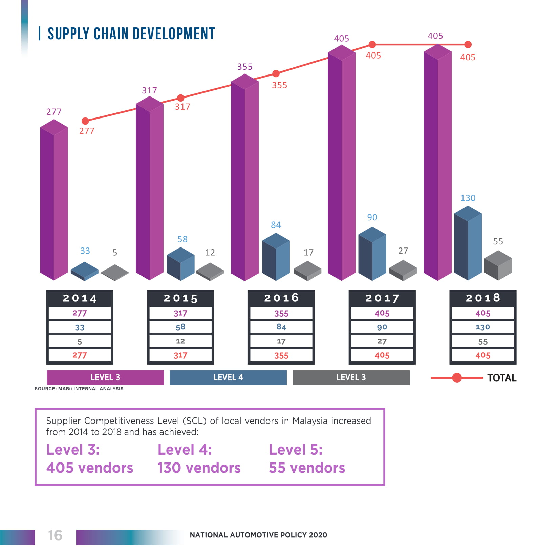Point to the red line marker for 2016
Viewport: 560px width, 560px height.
point(276,73)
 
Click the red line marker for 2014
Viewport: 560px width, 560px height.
point(85,121)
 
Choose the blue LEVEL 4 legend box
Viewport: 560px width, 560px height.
point(228,378)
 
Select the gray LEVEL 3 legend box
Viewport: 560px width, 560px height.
point(351,378)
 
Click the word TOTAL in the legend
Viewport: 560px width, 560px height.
point(502,378)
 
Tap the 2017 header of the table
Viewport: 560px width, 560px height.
point(382,298)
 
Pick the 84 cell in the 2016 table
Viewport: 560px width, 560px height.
point(281,327)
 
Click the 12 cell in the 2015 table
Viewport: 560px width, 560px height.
point(180,341)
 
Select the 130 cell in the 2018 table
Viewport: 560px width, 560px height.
point(482,327)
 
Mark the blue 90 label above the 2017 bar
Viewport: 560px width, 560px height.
point(372,217)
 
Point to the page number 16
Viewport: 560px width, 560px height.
point(55,535)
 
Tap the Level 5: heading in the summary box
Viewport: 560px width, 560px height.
point(296,450)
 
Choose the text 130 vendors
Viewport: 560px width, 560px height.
point(199,468)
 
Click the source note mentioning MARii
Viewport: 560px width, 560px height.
point(79,389)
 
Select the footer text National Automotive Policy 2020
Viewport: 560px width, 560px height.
point(258,535)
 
